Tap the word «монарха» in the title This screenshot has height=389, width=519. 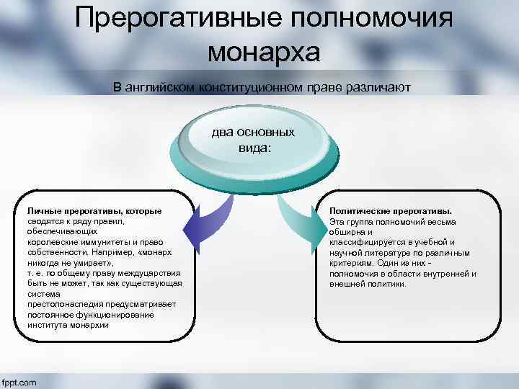click(x=263, y=53)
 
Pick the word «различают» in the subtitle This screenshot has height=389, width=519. click(x=375, y=86)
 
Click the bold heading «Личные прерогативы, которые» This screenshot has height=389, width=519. click(x=94, y=210)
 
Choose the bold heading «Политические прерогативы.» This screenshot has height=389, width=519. click(x=390, y=211)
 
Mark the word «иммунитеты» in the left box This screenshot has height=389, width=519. click(x=97, y=243)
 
